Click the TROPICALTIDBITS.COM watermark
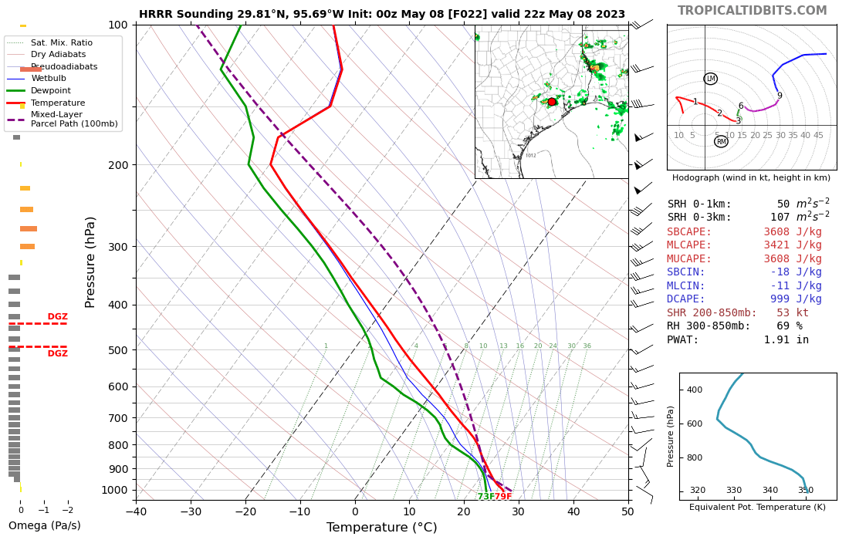(x=752, y=11)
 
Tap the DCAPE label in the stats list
(x=686, y=299)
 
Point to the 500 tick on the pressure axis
(x=117, y=350)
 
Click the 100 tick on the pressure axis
(x=117, y=25)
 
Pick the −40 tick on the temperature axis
(x=136, y=511)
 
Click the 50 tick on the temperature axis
(x=627, y=511)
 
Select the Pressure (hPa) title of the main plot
(x=90, y=262)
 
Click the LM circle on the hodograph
(x=711, y=79)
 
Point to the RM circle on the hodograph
(x=721, y=142)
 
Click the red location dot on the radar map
(x=552, y=102)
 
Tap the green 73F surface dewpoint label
(x=486, y=497)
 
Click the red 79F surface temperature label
(x=503, y=497)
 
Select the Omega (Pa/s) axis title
(x=44, y=526)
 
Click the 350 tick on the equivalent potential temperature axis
(x=806, y=491)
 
